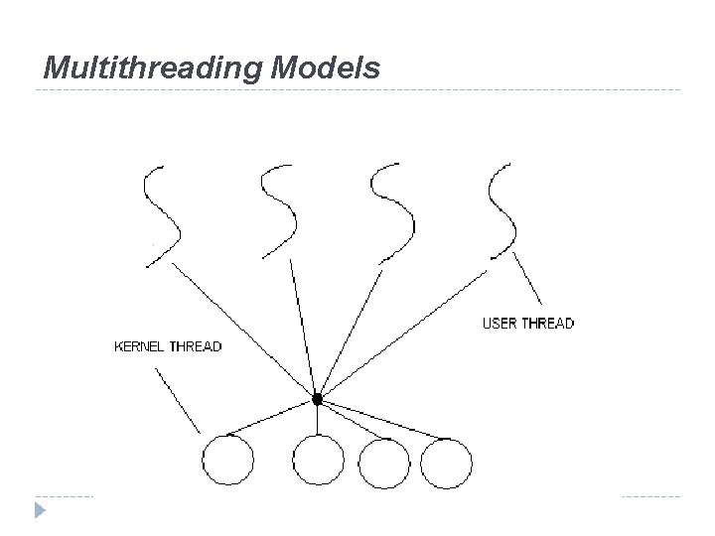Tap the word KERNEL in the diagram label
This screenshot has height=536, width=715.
[142, 346]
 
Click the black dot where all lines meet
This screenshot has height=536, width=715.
[317, 399]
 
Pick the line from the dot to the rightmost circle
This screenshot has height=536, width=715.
[392, 422]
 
